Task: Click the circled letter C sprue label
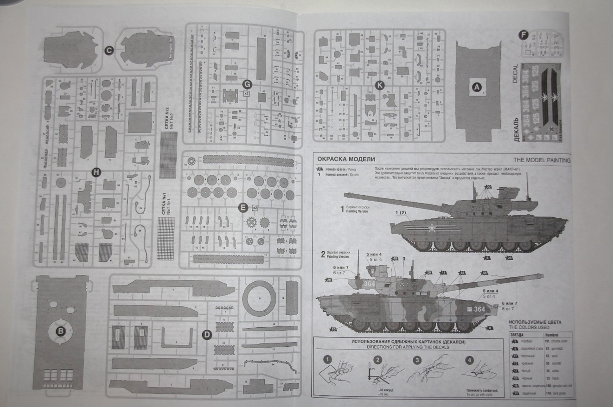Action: click(x=109, y=51)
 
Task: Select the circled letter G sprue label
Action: click(x=247, y=84)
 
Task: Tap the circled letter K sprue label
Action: click(x=380, y=85)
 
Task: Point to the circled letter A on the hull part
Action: click(x=477, y=86)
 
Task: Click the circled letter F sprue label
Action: click(x=524, y=34)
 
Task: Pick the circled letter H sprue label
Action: click(x=96, y=172)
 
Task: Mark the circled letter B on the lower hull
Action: click(x=61, y=331)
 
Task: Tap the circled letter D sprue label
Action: click(x=207, y=335)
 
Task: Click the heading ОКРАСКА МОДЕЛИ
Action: click(x=346, y=159)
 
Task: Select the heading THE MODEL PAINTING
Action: click(x=542, y=160)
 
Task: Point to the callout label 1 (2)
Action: click(x=400, y=213)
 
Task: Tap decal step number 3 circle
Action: click(x=417, y=360)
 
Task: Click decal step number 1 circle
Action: click(x=328, y=359)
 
